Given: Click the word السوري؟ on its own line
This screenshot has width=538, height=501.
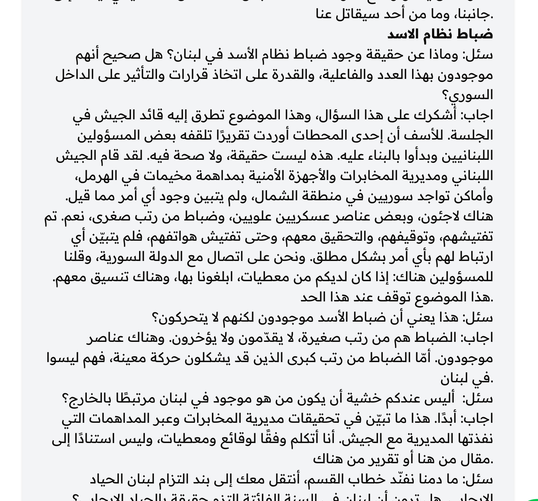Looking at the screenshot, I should coord(467,95).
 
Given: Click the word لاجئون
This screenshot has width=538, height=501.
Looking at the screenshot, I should coord(435,216).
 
